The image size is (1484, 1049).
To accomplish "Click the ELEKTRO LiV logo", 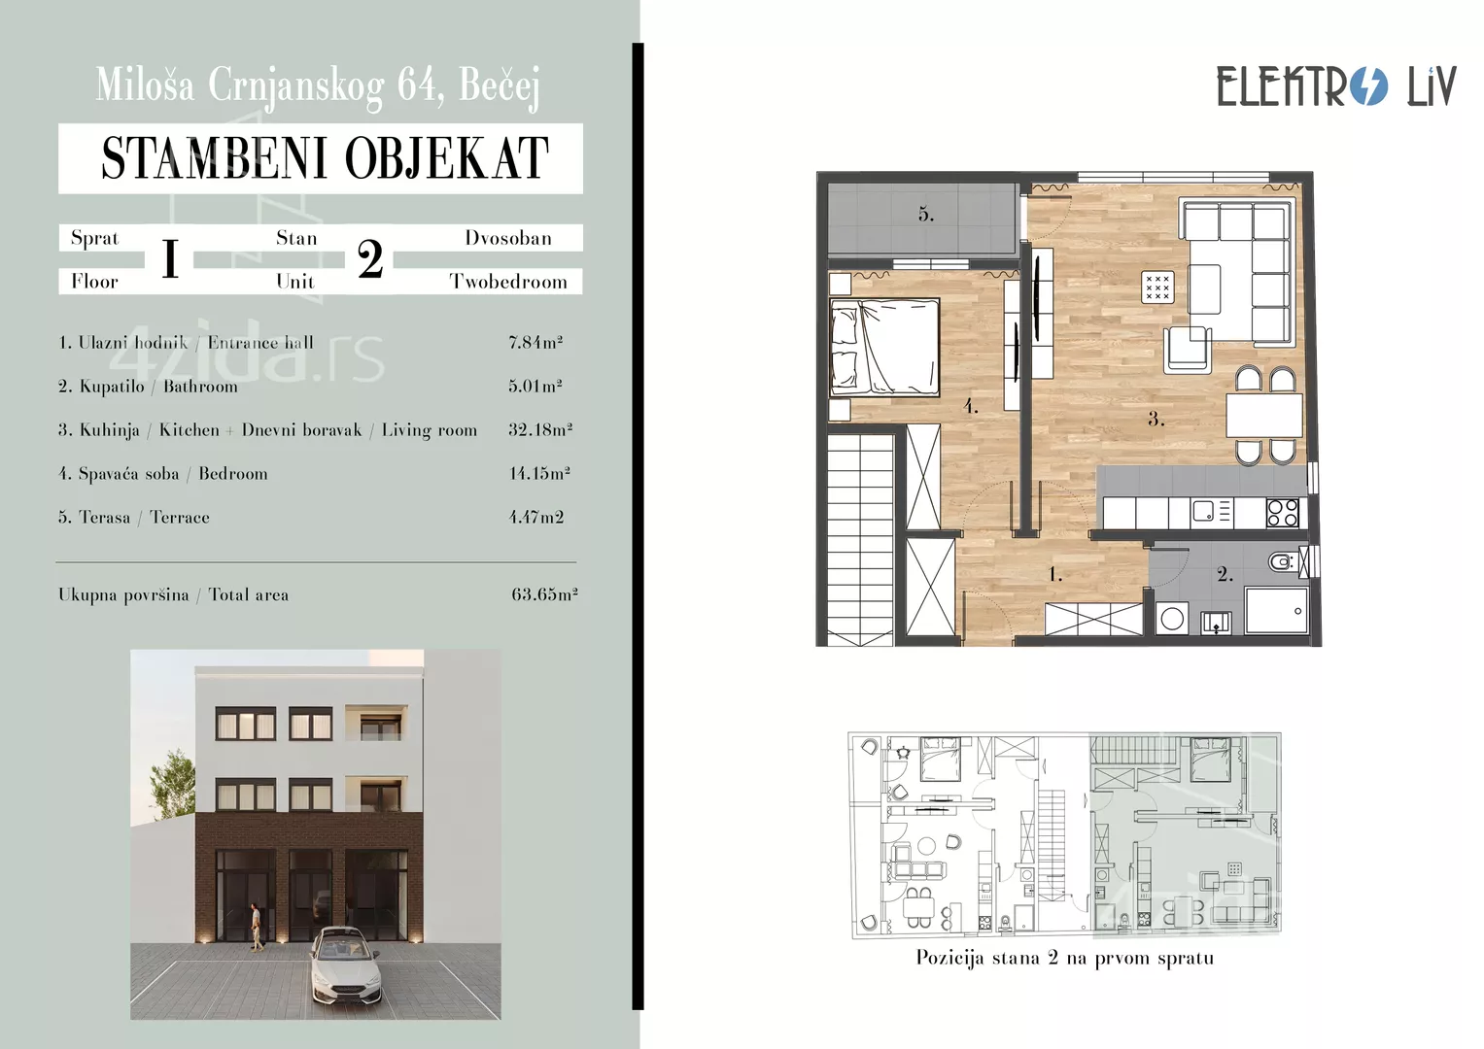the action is (x=1336, y=86).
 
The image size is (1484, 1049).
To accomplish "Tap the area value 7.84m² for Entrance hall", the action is (x=535, y=342).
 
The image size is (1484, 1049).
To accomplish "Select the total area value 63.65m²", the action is (x=544, y=594).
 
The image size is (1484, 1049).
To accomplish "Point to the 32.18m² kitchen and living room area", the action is (x=540, y=429).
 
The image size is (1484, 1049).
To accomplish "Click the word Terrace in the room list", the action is (x=180, y=517).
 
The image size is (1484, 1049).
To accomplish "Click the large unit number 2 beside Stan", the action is (x=370, y=259).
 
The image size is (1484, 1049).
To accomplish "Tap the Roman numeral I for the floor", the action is (x=170, y=259).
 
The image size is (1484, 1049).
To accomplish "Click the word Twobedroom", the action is (x=508, y=282).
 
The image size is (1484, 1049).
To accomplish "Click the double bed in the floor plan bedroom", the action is (x=884, y=348).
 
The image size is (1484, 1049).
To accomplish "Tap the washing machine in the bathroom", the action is (x=1173, y=619).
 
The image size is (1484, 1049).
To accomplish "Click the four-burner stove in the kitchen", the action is (x=1282, y=513).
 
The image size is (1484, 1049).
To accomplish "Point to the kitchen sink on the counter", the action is (x=1202, y=511).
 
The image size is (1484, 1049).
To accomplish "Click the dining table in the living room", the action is (x=1264, y=416).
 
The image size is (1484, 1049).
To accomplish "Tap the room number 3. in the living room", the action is (x=1156, y=419).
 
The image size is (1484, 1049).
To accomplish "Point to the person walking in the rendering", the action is (x=256, y=928).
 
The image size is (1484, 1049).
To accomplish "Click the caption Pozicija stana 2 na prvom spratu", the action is (x=1064, y=958).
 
